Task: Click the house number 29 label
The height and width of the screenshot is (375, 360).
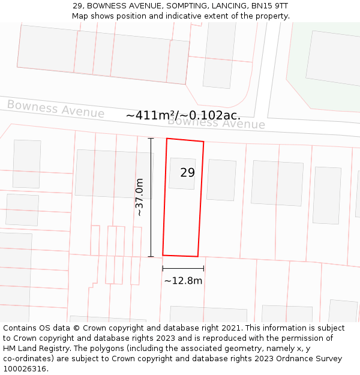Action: (x=187, y=173)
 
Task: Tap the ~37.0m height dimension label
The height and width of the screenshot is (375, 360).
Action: (x=139, y=197)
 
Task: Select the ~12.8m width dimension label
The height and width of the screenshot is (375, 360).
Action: (x=183, y=280)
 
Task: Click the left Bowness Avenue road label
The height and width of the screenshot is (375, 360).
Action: (x=56, y=109)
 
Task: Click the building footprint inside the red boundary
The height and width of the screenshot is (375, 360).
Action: (x=182, y=174)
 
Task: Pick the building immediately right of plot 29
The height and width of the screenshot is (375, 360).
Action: (x=221, y=180)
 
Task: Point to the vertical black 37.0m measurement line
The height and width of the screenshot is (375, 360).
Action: (x=151, y=197)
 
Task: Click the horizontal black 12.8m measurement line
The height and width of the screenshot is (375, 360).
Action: (x=183, y=268)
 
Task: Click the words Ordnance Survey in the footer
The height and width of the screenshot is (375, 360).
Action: (x=310, y=359)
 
